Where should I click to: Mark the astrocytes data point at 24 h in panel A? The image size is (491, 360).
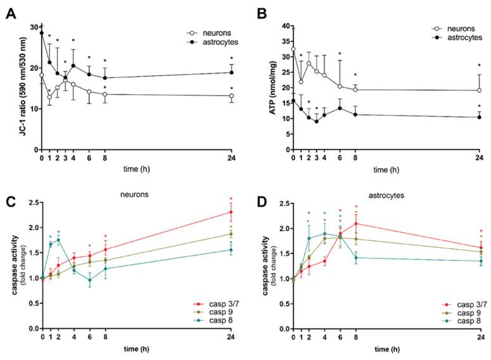[x=231, y=72]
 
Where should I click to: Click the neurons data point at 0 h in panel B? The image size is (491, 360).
[x=293, y=49]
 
